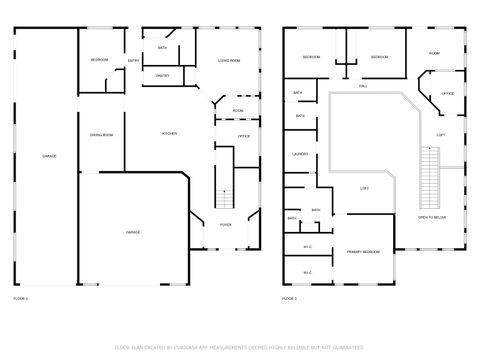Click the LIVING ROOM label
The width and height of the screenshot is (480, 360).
point(229,61)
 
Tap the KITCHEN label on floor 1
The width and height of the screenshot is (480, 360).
point(170,133)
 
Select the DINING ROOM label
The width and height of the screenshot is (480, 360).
point(101,134)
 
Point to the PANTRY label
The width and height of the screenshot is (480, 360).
point(162,75)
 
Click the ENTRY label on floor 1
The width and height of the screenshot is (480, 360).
point(133,61)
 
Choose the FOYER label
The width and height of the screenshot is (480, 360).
point(225,225)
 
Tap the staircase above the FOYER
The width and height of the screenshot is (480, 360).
point(224,198)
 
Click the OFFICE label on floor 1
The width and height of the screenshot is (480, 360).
point(243,135)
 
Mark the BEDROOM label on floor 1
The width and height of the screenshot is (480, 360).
point(99,61)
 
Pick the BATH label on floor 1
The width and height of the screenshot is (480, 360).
point(162,47)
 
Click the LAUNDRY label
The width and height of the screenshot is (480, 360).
point(299,154)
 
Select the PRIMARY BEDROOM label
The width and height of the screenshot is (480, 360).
point(363,251)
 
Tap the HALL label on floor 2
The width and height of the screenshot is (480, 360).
point(363,86)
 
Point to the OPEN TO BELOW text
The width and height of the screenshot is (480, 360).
point(431,217)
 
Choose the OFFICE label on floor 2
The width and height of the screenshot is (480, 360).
point(447,93)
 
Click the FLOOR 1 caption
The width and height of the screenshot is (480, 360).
point(21,298)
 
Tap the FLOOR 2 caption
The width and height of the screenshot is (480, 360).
point(290,298)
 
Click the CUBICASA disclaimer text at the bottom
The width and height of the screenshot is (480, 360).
point(239,347)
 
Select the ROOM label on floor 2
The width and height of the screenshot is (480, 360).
point(435,52)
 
